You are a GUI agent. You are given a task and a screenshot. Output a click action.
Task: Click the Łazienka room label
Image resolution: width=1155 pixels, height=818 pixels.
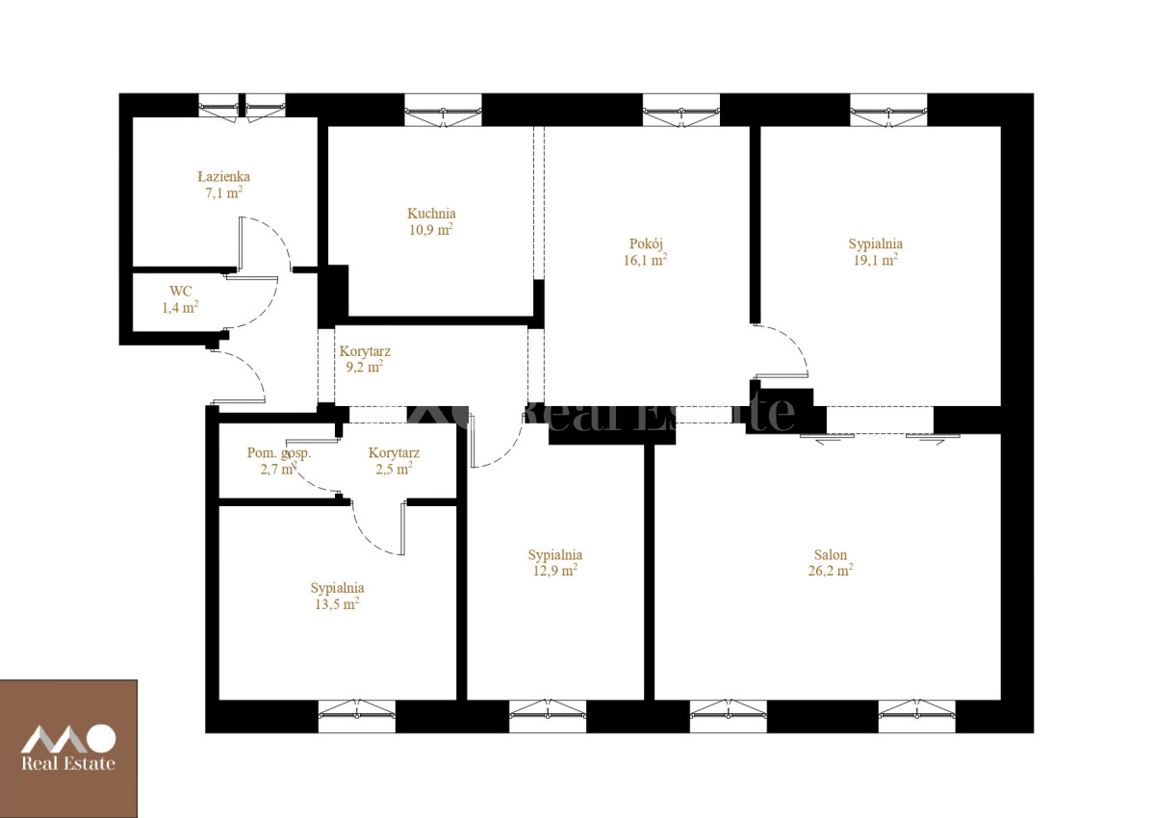tap(223, 177)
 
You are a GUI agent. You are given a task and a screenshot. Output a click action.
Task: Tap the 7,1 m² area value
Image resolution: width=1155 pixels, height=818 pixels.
tap(223, 192)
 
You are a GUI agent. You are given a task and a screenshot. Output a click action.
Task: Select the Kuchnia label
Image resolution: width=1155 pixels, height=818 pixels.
tap(431, 213)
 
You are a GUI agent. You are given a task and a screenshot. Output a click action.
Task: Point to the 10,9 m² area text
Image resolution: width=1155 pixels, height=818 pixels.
tap(431, 229)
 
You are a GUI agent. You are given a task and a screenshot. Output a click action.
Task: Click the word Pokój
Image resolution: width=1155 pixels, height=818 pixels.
tap(646, 243)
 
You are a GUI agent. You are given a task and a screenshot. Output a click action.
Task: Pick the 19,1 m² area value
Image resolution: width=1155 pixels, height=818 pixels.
tap(875, 260)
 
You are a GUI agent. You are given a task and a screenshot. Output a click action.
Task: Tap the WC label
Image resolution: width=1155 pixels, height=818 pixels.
tap(181, 292)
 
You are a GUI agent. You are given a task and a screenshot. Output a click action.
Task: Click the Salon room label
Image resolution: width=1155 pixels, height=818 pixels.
tap(830, 554)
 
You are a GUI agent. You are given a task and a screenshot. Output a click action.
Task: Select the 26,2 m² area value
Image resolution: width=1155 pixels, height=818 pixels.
tap(830, 571)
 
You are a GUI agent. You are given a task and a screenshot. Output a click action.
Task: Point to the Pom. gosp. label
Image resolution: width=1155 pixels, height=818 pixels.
tap(278, 453)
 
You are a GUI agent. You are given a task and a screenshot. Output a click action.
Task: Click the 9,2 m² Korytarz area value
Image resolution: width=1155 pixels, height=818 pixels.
tap(365, 367)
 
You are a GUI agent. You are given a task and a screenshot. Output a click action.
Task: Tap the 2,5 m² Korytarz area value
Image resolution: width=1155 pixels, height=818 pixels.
tap(394, 469)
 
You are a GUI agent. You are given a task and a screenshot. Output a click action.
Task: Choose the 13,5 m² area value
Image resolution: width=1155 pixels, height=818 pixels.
tap(337, 603)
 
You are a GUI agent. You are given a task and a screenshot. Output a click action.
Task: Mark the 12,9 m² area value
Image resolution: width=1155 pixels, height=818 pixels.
tap(554, 571)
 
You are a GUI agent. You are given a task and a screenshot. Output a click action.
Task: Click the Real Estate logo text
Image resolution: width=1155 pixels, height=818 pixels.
tap(68, 763)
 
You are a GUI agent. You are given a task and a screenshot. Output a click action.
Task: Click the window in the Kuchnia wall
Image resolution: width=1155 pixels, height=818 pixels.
tap(443, 110)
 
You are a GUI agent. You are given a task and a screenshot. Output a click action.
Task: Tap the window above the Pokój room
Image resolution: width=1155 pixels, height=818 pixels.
tap(681, 110)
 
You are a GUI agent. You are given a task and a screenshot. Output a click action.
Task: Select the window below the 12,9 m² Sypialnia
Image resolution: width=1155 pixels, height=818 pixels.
tap(548, 715)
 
